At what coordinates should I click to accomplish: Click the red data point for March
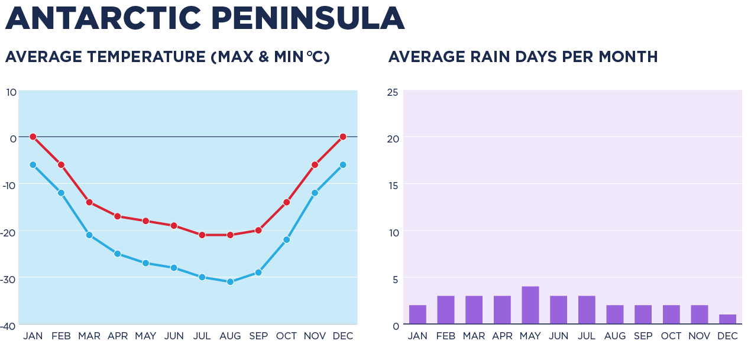pyautogui.click(x=89, y=202)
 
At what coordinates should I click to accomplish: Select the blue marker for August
pyautogui.click(x=230, y=282)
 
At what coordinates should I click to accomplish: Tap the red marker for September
pyautogui.click(x=258, y=230)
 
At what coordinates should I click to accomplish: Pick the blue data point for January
pyautogui.click(x=33, y=165)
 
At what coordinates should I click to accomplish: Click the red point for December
pyautogui.click(x=343, y=137)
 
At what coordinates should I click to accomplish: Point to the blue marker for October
pyautogui.click(x=286, y=239)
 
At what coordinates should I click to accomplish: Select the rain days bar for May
pyautogui.click(x=530, y=305)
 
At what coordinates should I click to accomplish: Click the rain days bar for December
pyautogui.click(x=727, y=319)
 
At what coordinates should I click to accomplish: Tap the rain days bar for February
pyautogui.click(x=446, y=310)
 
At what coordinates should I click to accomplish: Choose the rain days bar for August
pyautogui.click(x=615, y=314)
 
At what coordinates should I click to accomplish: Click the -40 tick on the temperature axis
pyautogui.click(x=9, y=326)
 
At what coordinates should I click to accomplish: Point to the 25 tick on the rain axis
pyautogui.click(x=393, y=92)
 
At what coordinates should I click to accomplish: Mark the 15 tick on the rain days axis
pyautogui.click(x=393, y=186)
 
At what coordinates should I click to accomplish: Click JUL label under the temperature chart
pyautogui.click(x=202, y=336)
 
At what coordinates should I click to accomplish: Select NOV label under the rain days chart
pyautogui.click(x=700, y=336)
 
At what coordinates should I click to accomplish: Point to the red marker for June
pyautogui.click(x=174, y=225)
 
